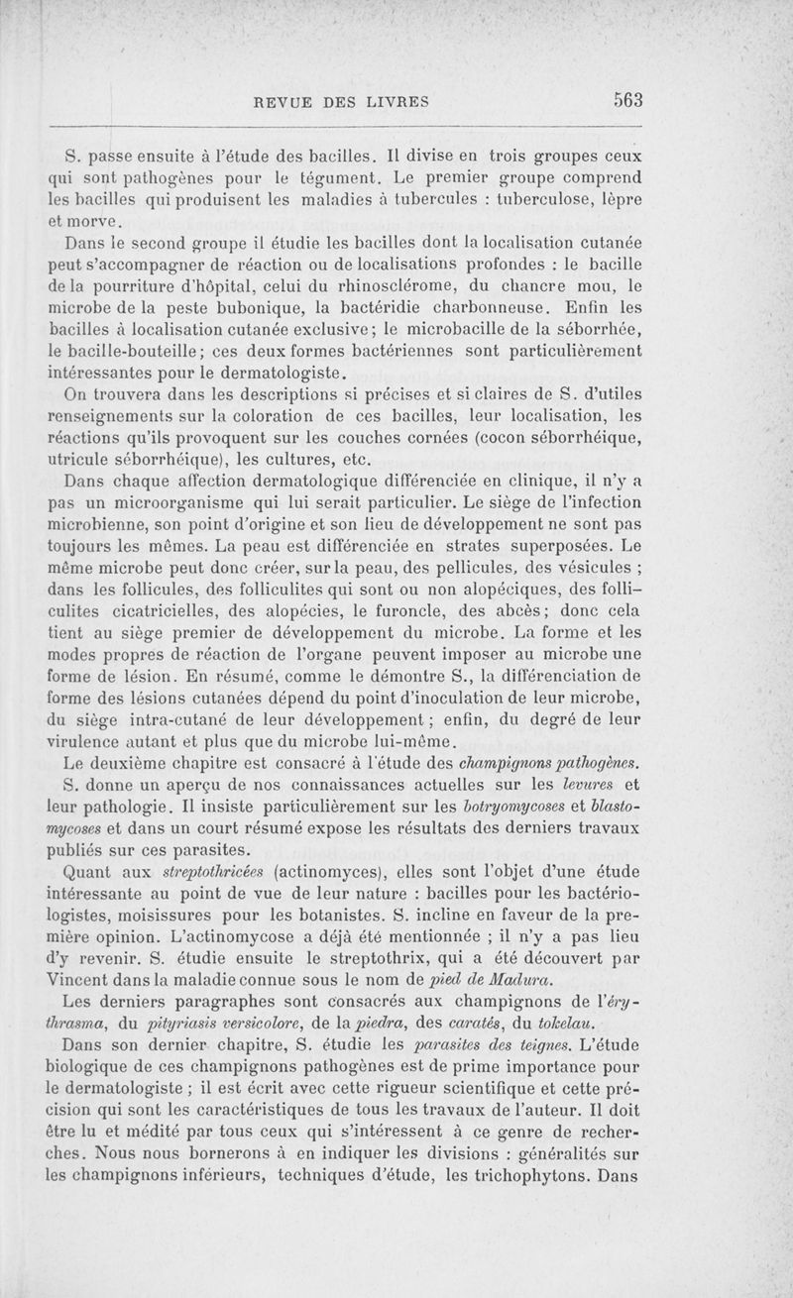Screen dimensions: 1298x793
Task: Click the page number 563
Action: click(x=627, y=99)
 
